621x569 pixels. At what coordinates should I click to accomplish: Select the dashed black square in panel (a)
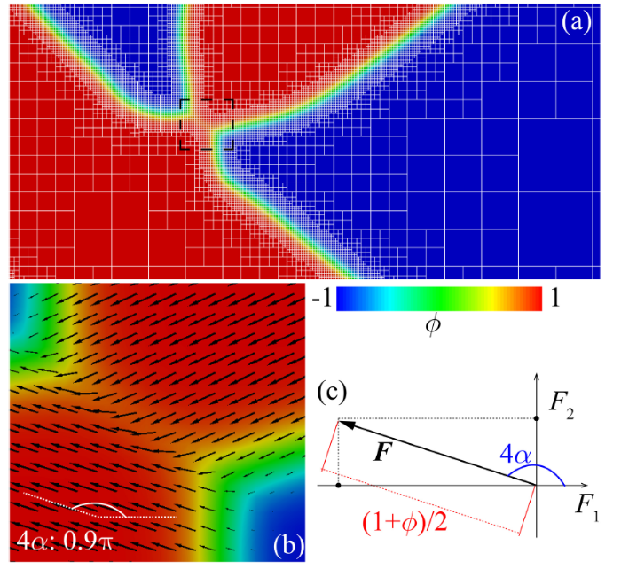tap(207, 124)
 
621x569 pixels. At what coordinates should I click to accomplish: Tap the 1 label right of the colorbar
tap(554, 300)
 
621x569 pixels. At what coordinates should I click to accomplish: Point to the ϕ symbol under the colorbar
tap(434, 330)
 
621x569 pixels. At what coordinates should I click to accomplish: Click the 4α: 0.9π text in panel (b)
tap(64, 539)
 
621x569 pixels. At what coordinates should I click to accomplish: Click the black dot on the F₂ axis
tap(538, 418)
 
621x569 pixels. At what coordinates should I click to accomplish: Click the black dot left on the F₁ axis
tap(340, 485)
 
